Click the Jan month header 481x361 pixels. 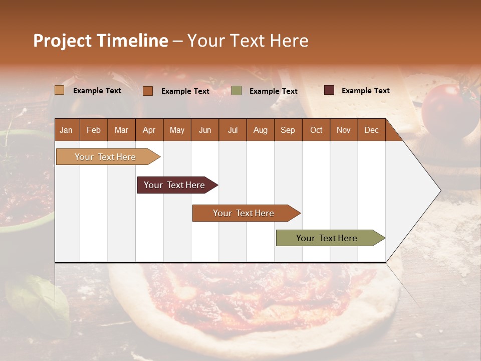click(66, 130)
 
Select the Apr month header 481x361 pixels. click(149, 130)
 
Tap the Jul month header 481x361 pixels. click(232, 130)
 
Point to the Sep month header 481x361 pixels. click(288, 130)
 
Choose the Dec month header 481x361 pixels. click(371, 130)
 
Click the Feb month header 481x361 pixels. click(94, 130)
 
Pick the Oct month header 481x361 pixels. click(316, 130)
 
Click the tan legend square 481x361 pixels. click(59, 90)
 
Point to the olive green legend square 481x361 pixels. click(236, 91)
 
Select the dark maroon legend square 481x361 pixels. click(329, 90)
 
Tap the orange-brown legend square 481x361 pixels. click(148, 91)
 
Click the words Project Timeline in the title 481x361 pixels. click(100, 41)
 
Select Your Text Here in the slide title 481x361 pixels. click(248, 41)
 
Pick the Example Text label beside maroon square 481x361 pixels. click(365, 91)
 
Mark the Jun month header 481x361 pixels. click(205, 130)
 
